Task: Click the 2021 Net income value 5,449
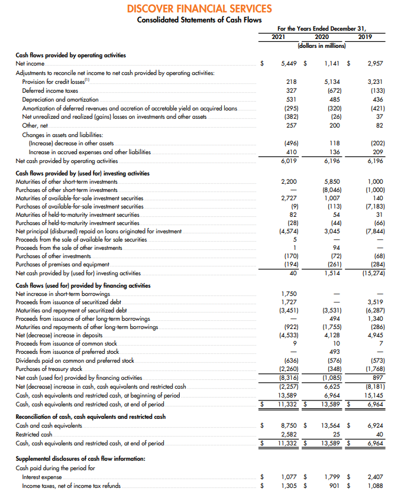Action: point(287,63)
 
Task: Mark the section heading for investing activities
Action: point(82,173)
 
